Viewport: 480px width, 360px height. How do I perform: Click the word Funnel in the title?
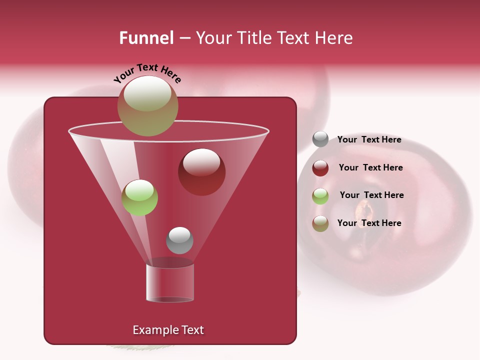point(146,38)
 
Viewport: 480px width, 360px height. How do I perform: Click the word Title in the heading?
point(253,38)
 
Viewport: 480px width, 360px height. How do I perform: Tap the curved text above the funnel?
point(147,73)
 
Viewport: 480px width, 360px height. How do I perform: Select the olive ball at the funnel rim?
point(148,106)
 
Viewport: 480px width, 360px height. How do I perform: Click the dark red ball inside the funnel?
point(201,172)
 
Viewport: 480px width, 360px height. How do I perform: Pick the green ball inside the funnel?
point(139,197)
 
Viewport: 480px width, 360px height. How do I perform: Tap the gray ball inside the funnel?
point(179,240)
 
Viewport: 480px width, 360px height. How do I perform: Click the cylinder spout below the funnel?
point(170,283)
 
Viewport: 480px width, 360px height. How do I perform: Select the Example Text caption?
point(168,330)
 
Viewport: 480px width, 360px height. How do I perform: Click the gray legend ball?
point(320,139)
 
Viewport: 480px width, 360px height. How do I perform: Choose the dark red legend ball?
point(320,168)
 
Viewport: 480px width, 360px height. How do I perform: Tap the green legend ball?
point(320,196)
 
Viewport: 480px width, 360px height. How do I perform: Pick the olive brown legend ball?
point(320,223)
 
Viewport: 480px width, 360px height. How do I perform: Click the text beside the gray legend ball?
point(369,140)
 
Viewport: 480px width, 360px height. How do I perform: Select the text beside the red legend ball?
point(370,167)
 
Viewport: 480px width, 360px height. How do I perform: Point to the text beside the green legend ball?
point(371,195)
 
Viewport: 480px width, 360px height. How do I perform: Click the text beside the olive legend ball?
point(369,223)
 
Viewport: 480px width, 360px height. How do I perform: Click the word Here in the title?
point(335,38)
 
